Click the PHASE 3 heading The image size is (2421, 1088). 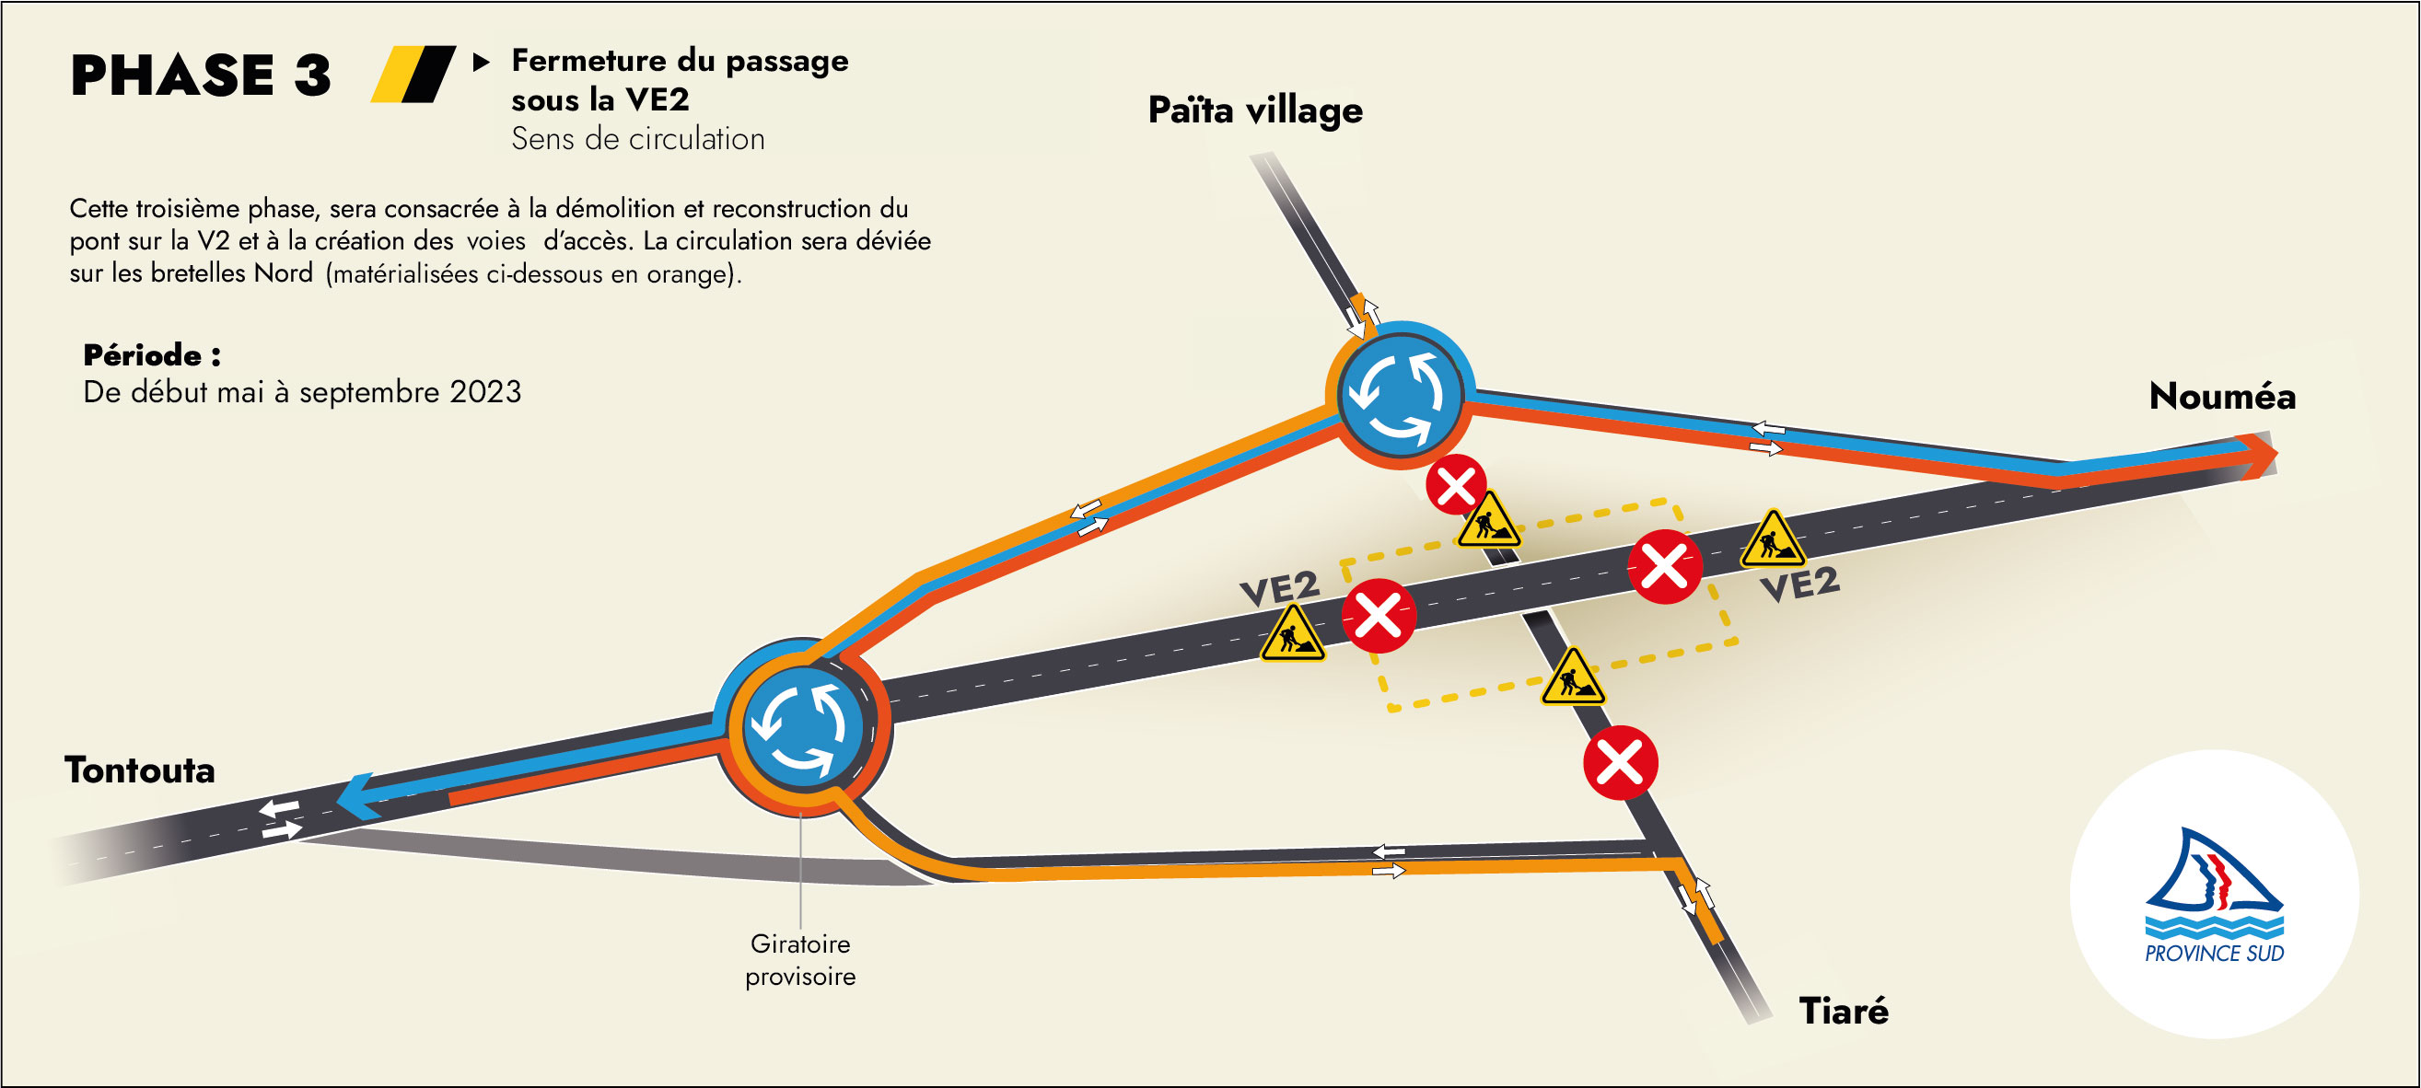pyautogui.click(x=200, y=75)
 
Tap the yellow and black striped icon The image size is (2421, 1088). pyautogui.click(x=413, y=75)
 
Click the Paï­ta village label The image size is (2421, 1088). pyautogui.click(x=1254, y=110)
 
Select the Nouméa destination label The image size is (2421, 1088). pyautogui.click(x=2222, y=396)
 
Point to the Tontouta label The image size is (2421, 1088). pyautogui.click(x=140, y=770)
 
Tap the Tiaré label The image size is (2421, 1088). pyautogui.click(x=1843, y=1011)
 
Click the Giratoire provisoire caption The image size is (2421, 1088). pyautogui.click(x=801, y=959)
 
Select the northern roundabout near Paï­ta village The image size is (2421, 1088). pyautogui.click(x=1400, y=395)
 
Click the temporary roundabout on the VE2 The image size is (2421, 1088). pyautogui.click(x=802, y=728)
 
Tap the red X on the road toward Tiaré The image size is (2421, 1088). pyautogui.click(x=1620, y=762)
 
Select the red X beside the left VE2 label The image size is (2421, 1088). pyautogui.click(x=1378, y=617)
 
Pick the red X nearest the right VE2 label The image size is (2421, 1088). pyautogui.click(x=1664, y=566)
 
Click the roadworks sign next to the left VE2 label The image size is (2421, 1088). pyautogui.click(x=1292, y=634)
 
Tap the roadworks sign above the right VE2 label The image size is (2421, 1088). pyautogui.click(x=1773, y=540)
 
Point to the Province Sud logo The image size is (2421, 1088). pyautogui.click(x=2214, y=895)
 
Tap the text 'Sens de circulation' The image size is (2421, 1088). pyautogui.click(x=637, y=139)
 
